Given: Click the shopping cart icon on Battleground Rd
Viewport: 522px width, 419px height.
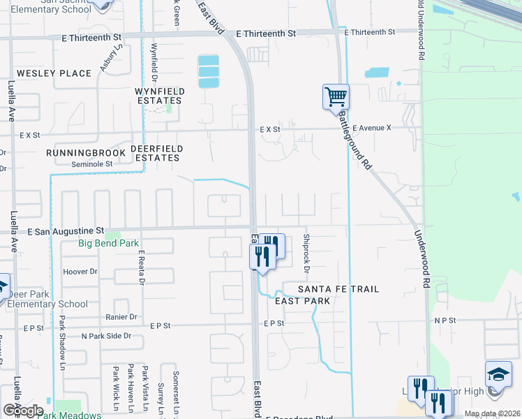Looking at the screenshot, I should tap(336, 97).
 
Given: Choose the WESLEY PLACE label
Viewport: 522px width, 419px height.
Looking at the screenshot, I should tap(54, 73).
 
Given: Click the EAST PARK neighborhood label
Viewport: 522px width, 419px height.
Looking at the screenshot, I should tap(302, 300).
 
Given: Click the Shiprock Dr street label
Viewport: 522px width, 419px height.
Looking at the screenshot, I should tap(306, 252).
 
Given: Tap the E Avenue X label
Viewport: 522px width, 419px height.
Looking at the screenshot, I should tap(372, 128).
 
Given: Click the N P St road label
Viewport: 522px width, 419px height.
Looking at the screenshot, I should tap(444, 321).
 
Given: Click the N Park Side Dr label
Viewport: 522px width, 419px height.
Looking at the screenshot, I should tap(107, 336).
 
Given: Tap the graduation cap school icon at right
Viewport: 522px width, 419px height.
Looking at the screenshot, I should tap(498, 374).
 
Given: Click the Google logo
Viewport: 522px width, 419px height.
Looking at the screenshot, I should tap(23, 411).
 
